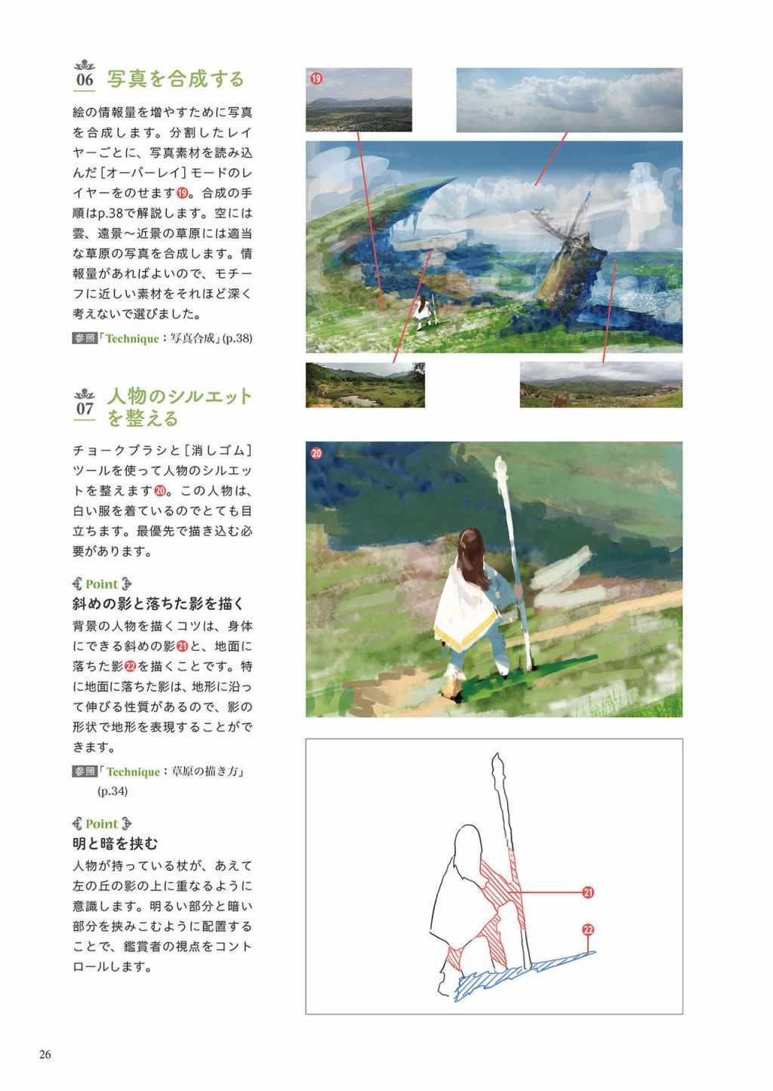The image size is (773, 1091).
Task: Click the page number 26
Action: pos(45,1055)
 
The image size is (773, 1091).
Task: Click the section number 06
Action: pos(85,79)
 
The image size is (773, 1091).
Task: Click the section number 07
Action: pos(85,408)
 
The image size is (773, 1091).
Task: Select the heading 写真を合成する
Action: pos(175,79)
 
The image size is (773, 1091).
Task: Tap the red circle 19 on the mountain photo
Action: pos(316,78)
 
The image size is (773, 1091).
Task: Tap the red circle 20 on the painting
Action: pos(316,453)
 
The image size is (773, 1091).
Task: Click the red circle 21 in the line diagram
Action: pos(588,892)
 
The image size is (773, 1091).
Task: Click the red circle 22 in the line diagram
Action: pos(588,929)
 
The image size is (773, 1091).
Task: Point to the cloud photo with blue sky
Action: pos(569,100)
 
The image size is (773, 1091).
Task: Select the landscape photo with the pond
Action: pos(365,385)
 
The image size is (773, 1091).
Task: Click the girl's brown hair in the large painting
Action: pos(473,558)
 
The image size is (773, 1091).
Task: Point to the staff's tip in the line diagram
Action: pos(497,754)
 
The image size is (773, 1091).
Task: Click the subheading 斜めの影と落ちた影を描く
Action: pos(158,604)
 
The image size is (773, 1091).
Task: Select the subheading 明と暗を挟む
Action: pos(115,843)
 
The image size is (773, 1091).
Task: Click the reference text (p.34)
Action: pos(112,791)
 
